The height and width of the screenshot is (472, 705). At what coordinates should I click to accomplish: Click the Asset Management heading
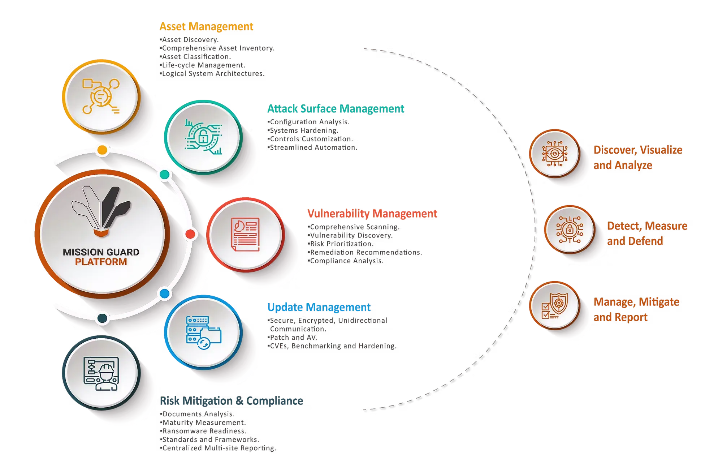206,27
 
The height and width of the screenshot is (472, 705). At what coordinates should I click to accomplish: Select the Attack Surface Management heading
336,109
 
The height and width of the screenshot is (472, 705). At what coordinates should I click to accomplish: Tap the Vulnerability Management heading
372,214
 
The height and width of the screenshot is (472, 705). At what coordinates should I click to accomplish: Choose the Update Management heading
319,307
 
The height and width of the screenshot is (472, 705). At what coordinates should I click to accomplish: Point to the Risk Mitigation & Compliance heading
232,401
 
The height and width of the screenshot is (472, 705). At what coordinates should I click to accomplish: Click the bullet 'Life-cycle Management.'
203,65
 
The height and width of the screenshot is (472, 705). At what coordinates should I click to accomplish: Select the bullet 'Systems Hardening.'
303,130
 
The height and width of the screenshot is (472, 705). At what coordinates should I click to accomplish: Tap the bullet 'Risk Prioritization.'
341,244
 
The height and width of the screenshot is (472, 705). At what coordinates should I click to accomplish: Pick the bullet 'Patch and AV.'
292,338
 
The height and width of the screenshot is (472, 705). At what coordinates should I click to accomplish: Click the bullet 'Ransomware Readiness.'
203,431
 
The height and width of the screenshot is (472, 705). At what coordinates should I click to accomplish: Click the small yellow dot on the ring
102,150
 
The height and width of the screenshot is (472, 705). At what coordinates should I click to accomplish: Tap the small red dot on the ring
190,234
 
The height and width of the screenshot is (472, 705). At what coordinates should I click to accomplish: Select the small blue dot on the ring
165,293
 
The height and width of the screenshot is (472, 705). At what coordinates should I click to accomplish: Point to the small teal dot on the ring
165,175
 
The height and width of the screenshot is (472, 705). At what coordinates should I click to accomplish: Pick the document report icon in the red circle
246,234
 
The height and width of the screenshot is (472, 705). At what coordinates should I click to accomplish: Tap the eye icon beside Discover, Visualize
555,154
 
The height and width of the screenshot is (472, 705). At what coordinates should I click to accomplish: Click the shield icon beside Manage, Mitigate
558,302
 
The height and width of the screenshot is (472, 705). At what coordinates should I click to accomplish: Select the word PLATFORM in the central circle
101,262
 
